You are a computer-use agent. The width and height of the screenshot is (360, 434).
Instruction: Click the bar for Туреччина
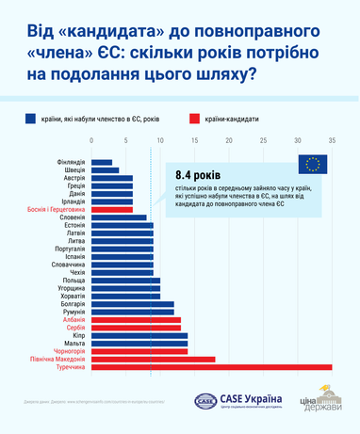[x=212, y=366]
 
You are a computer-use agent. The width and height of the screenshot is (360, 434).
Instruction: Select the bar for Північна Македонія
[x=153, y=359]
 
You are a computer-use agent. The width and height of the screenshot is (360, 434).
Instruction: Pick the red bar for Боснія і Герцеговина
[x=112, y=209]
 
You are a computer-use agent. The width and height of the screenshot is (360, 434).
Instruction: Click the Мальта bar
[x=139, y=343]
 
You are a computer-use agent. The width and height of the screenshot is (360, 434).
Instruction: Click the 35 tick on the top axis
[x=332, y=141]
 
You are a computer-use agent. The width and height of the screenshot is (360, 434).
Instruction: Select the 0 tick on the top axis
[x=92, y=141]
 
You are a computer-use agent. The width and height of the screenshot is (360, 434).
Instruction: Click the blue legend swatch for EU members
[x=31, y=119]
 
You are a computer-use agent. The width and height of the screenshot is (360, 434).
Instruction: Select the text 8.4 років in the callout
[x=197, y=177]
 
